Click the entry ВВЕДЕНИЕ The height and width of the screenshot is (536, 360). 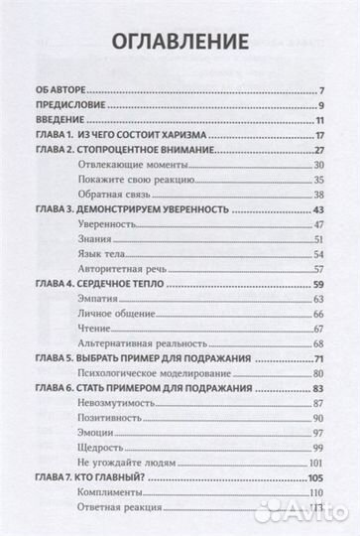pyautogui.click(x=53, y=121)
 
